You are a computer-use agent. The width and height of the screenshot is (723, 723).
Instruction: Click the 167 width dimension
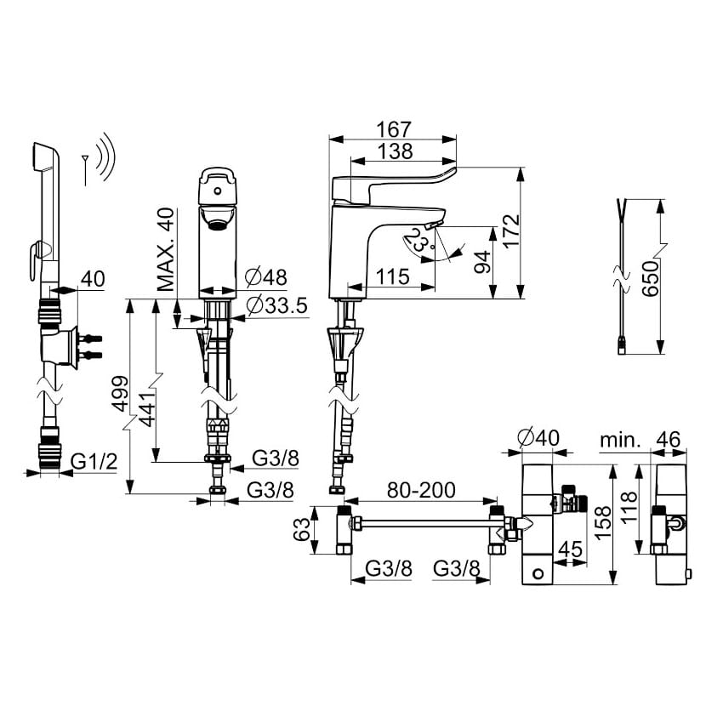(x=394, y=129)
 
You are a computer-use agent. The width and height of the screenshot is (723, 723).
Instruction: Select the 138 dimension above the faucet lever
(x=394, y=151)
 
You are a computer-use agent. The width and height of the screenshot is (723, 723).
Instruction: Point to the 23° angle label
(x=418, y=243)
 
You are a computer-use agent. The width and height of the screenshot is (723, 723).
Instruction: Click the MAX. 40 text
(x=166, y=249)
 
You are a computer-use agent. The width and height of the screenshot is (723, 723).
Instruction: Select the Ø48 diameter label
(x=265, y=276)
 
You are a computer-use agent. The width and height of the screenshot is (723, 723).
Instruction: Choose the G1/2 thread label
(x=91, y=462)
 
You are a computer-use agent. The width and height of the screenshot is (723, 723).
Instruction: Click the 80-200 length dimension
(x=422, y=490)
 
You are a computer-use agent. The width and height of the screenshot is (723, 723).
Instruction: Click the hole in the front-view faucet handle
(x=217, y=179)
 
